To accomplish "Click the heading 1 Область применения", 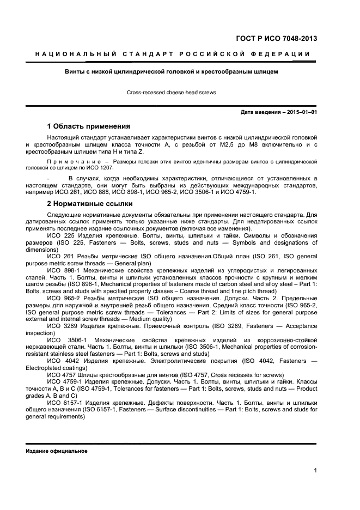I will [89, 125].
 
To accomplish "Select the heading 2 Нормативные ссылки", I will [90, 204].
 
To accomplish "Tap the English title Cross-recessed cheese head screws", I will [172, 92].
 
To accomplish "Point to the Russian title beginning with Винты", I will [172, 71].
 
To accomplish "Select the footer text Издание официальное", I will [57, 452].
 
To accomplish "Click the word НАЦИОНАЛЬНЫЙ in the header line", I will [74, 54].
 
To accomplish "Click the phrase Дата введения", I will [261, 112].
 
